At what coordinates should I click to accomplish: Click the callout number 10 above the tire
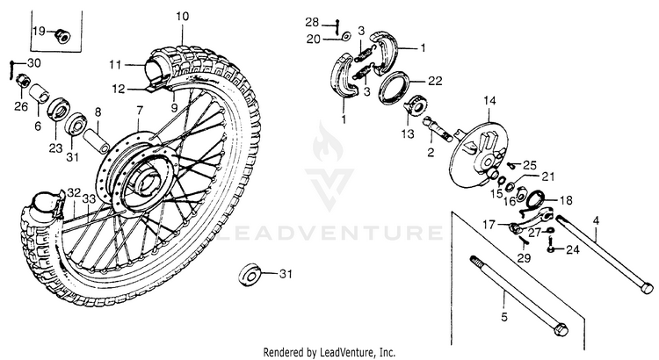[x=182, y=17]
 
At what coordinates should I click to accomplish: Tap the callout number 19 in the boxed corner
[x=39, y=32]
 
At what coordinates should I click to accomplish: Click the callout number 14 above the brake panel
[x=489, y=101]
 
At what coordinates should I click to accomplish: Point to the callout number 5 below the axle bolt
[x=503, y=315]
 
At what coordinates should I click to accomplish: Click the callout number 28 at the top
[x=337, y=20]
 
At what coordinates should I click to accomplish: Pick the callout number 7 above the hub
[x=138, y=112]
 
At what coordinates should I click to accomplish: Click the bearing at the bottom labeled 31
[x=250, y=275]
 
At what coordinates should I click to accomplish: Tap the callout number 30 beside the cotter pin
[x=34, y=63]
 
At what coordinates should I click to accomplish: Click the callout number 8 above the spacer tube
[x=98, y=112]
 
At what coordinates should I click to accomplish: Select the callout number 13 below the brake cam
[x=407, y=133]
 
